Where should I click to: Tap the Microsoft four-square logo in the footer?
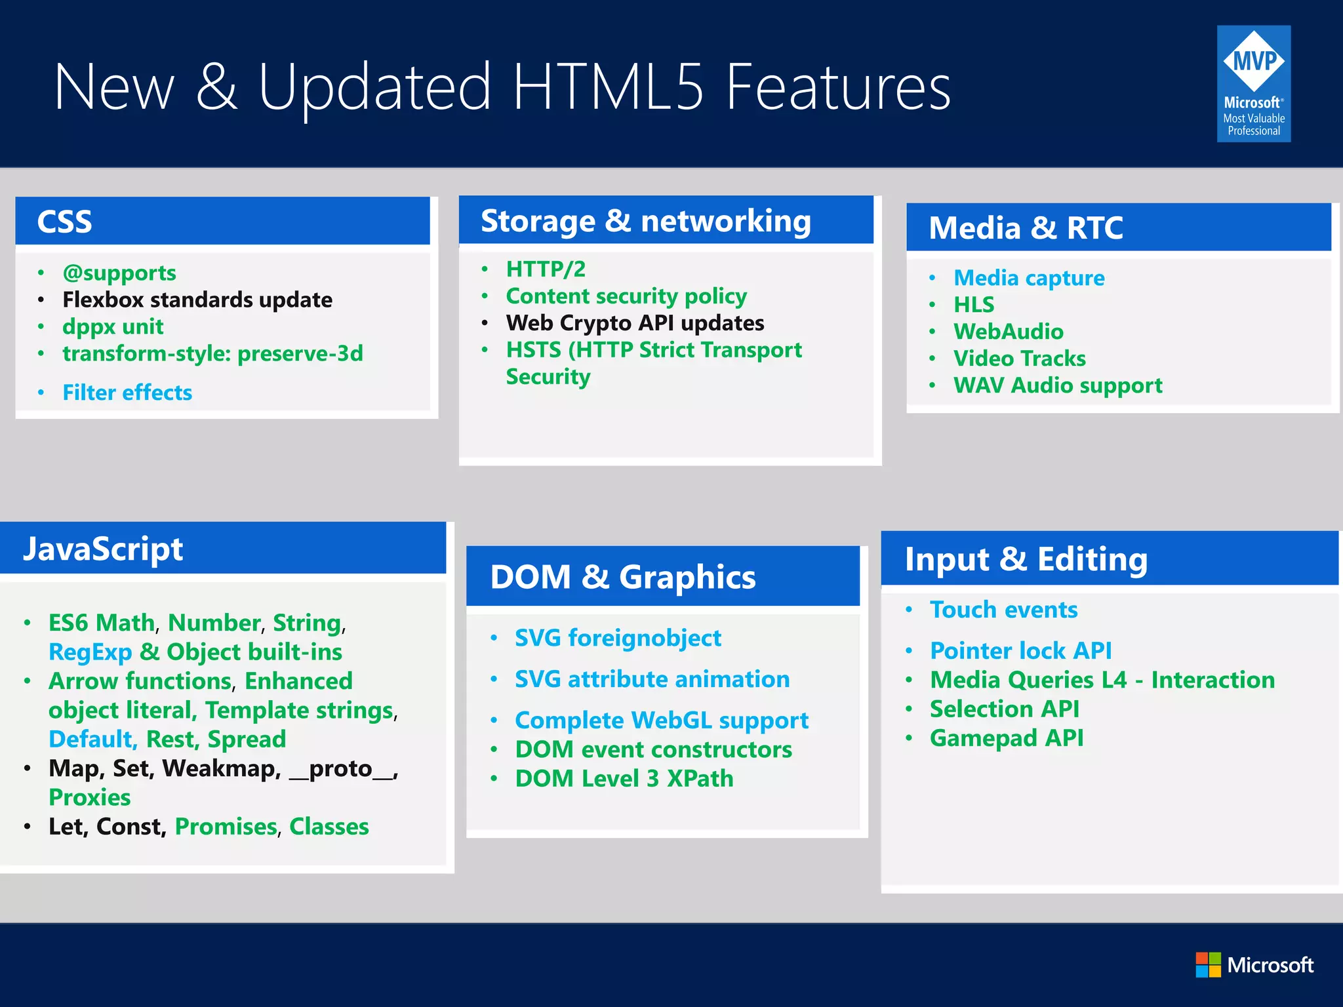pos(1208,964)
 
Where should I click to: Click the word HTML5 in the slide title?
pos(608,87)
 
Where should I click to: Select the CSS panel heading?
pos(65,222)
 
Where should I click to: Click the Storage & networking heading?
pos(645,221)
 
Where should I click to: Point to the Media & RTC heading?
pos(1026,228)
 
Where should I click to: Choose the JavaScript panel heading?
pos(103,549)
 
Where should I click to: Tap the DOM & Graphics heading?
pos(622,577)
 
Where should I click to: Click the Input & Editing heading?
pos(1026,559)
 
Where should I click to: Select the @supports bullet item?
pos(119,273)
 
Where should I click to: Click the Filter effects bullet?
pos(127,393)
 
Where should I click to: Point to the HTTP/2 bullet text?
pos(546,269)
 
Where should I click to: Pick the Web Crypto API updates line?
pos(635,323)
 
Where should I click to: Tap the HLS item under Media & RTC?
pos(974,305)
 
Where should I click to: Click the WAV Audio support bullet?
pos(1057,385)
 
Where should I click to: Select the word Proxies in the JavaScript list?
pos(90,797)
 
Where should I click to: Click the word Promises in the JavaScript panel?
pos(226,827)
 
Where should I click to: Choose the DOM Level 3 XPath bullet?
pos(624,779)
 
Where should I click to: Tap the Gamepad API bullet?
pos(1006,738)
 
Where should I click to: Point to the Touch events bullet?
pos(1003,610)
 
